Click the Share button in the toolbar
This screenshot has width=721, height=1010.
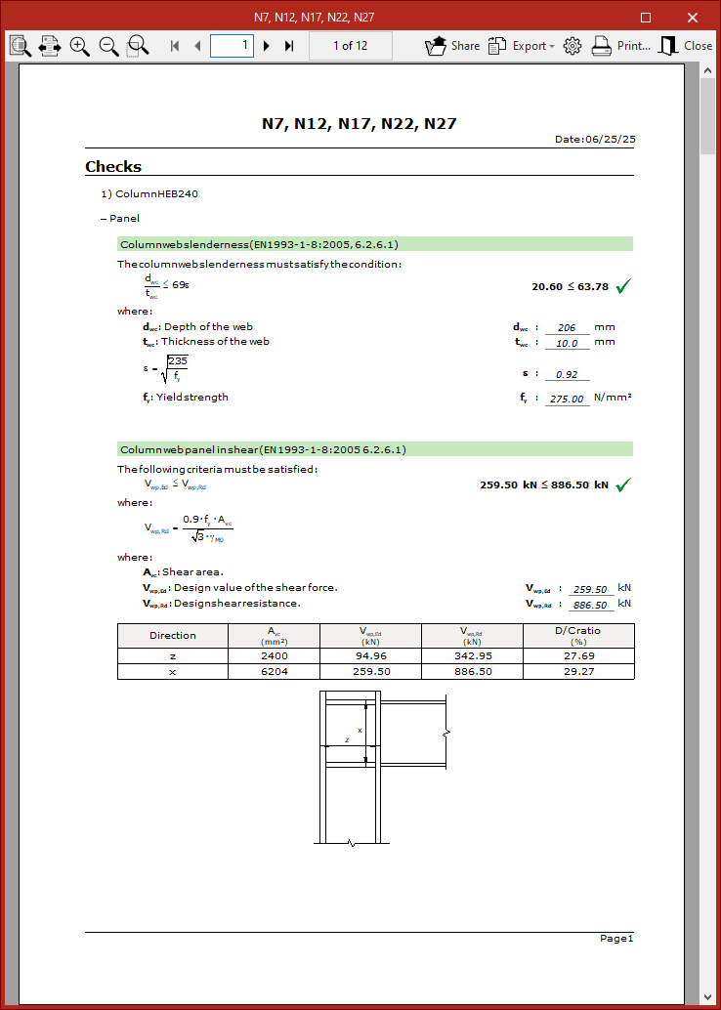coord(452,46)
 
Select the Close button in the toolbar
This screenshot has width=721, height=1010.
coord(686,46)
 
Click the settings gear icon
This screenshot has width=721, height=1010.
coord(573,46)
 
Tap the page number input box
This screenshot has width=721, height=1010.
coord(232,45)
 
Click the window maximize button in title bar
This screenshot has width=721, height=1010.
coord(646,17)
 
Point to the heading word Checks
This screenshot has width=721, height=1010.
coord(113,167)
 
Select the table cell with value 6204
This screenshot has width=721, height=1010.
coord(275,672)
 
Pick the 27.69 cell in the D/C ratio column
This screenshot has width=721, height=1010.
coord(577,656)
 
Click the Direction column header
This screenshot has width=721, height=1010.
coord(173,635)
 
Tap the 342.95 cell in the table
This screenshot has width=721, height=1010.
coord(473,656)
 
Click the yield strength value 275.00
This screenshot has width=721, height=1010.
coord(567,399)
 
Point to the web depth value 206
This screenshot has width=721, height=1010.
coord(567,328)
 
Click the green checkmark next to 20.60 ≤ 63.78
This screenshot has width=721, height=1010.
coord(622,286)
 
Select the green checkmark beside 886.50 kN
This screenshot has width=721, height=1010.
coord(622,484)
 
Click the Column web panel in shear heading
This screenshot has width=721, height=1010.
coord(263,449)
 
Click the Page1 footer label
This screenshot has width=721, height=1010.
coord(616,939)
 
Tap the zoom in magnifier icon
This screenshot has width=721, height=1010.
coord(80,46)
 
